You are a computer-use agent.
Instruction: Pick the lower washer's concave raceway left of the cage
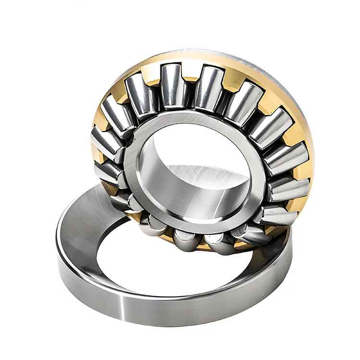pos(82,226)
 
